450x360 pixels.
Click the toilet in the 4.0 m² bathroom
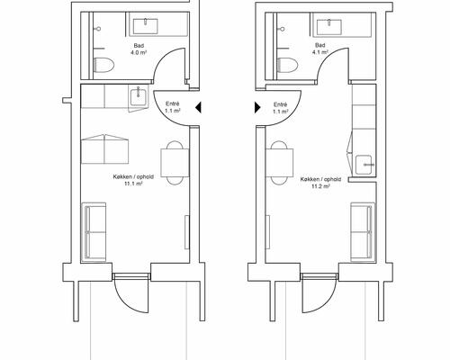pos(103,65)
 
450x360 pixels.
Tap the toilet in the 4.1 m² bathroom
pos(288,65)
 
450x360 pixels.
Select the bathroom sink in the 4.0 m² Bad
pos(146,26)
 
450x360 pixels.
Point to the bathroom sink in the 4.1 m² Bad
pos(329,26)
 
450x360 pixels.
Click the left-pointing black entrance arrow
pos(198,107)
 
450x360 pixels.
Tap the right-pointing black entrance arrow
pos(257,107)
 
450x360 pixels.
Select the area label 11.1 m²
pos(133,184)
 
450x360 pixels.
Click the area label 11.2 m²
pos(321,186)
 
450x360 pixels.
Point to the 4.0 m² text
pos(139,52)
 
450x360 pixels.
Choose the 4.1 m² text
pos(320,52)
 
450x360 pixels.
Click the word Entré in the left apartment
pos(173,103)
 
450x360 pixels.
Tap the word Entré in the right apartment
pos(281,104)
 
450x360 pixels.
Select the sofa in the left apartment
pos(94,232)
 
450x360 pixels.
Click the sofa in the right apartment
pos(363,232)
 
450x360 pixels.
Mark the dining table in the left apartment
pos(175,163)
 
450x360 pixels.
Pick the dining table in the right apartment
pos(280,163)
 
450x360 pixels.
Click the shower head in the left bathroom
pos(98,29)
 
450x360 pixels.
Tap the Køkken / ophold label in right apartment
pos(320,179)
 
